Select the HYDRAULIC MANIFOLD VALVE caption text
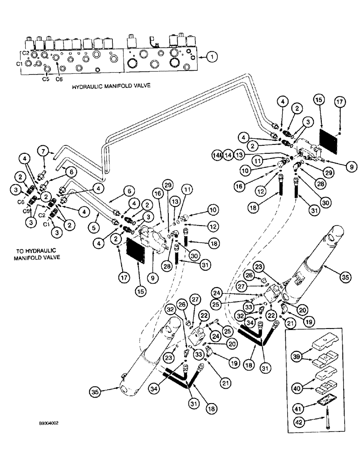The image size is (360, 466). [x=111, y=87]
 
